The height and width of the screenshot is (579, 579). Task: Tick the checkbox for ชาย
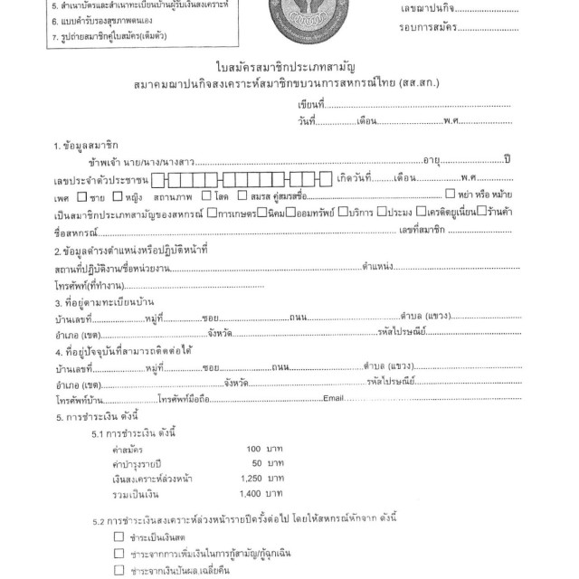click(x=83, y=195)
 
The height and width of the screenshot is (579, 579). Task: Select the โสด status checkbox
click(x=207, y=195)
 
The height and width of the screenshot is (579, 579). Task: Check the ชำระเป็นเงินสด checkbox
click(x=119, y=536)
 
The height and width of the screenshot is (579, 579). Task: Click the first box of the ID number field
click(x=158, y=177)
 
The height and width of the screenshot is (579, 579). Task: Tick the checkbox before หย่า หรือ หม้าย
click(x=451, y=194)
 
